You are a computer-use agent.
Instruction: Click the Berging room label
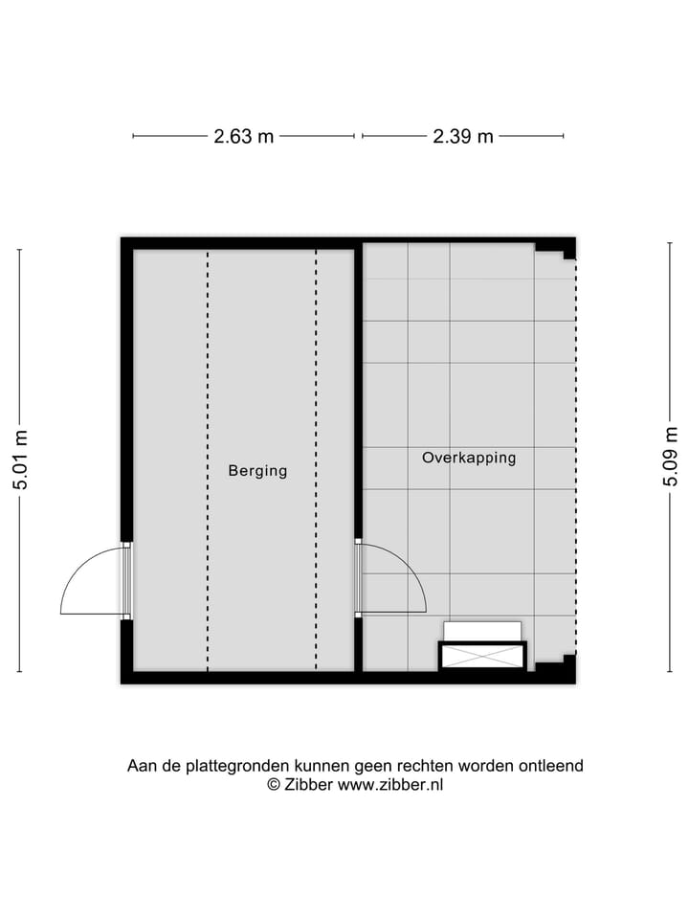click(x=257, y=471)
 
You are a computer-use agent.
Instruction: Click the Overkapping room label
click(x=469, y=458)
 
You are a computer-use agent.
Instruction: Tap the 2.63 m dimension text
click(x=243, y=136)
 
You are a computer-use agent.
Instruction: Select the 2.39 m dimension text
click(x=463, y=136)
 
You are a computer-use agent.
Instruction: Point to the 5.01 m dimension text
click(x=20, y=459)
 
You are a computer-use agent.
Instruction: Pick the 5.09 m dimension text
click(x=671, y=459)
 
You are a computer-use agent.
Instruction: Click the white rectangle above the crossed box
click(x=483, y=631)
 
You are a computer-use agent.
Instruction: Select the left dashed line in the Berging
click(x=208, y=459)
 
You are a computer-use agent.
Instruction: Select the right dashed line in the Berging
click(x=317, y=459)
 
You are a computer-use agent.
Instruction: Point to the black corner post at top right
click(x=567, y=249)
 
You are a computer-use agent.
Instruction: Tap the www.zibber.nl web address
click(x=390, y=785)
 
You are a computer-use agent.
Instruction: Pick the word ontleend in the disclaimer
click(x=550, y=766)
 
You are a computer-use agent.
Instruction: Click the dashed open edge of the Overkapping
click(x=576, y=459)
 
